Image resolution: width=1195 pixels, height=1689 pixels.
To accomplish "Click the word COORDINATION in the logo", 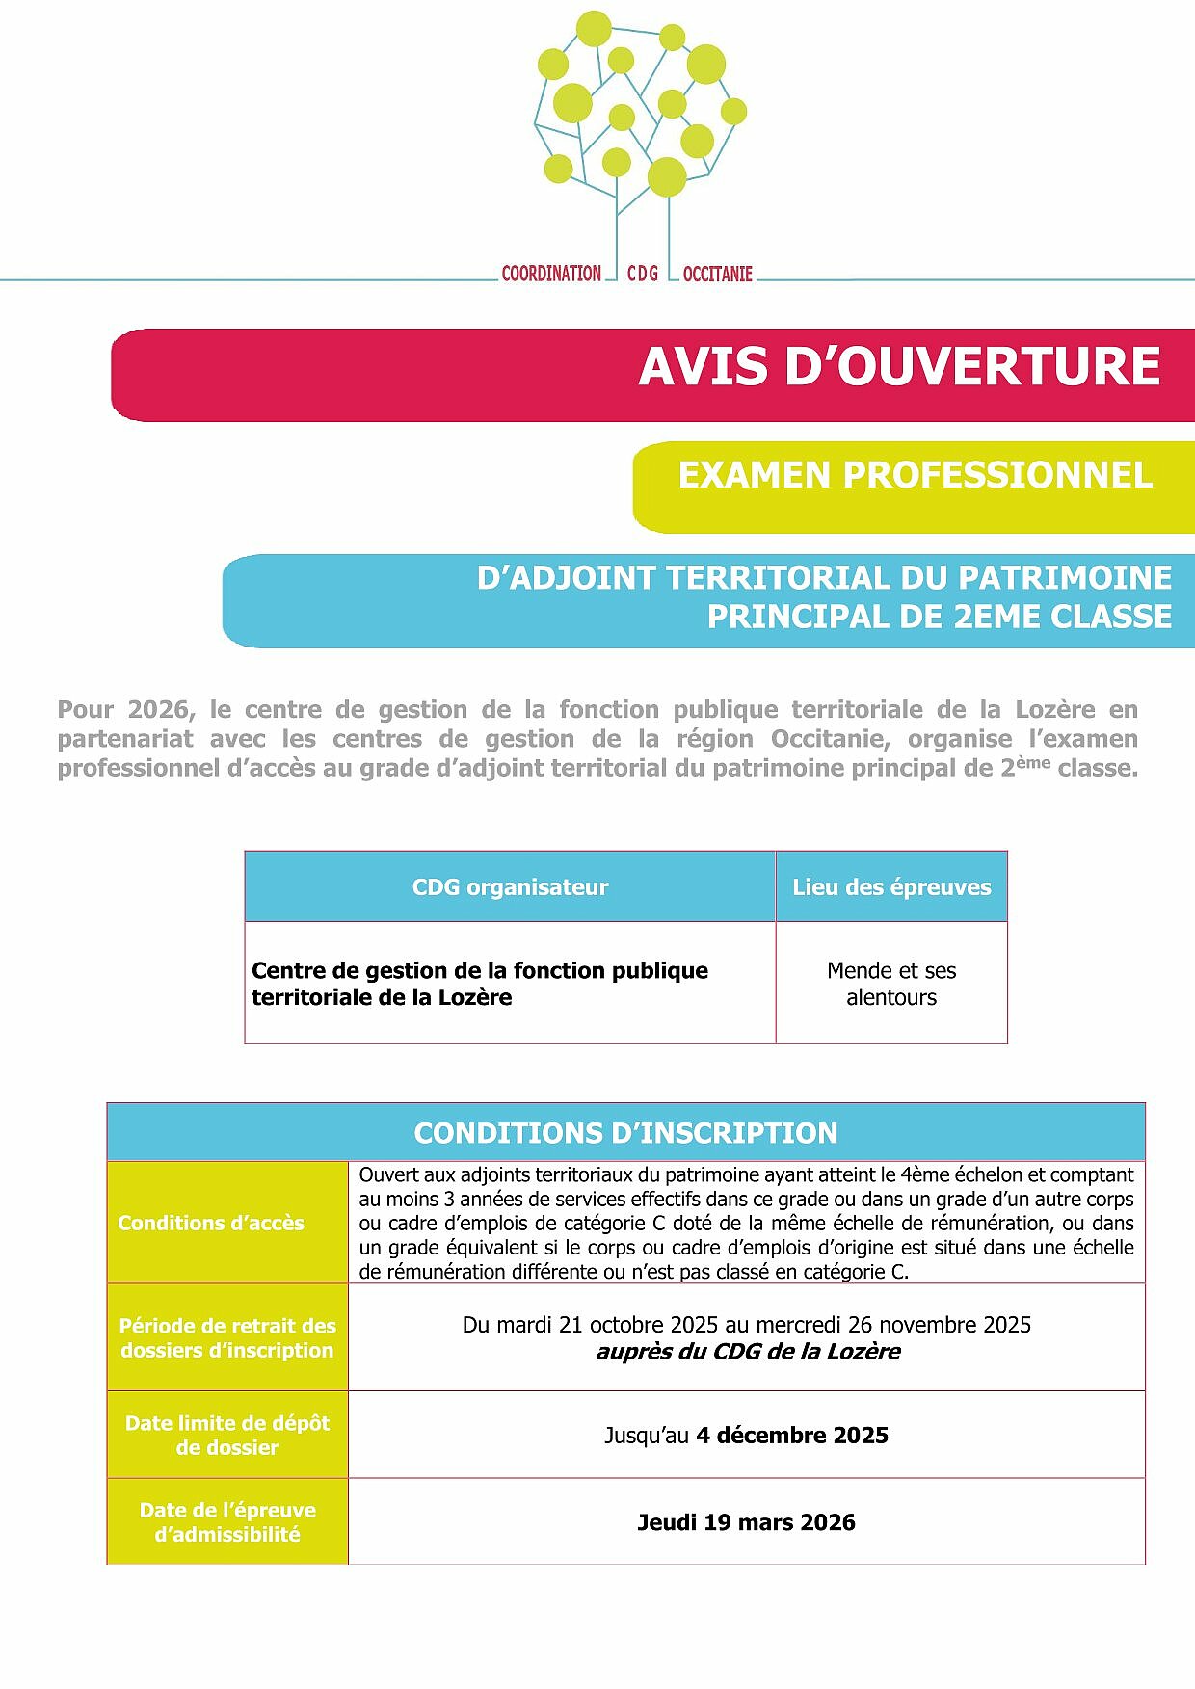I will coord(551,274).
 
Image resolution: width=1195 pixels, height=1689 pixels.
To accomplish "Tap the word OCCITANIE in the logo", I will coord(717,274).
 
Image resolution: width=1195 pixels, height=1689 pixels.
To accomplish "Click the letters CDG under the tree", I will coord(643,274).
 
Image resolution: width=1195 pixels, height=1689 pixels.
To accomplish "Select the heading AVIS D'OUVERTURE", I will coord(899,367).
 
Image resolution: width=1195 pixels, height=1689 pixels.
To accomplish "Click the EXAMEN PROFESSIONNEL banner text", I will coord(915,475).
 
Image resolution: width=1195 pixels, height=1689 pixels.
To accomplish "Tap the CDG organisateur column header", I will coord(510,887).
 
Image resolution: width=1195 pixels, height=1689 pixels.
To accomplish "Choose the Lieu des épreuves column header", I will coord(891,887).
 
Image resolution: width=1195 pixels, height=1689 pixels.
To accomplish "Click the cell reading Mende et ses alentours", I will coord(891,984).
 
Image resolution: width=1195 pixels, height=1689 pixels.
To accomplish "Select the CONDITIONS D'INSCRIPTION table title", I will coord(625,1133).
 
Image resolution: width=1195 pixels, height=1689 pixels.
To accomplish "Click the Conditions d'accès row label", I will coord(211,1223).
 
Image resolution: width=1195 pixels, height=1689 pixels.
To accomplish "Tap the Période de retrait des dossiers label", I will coord(227,1337).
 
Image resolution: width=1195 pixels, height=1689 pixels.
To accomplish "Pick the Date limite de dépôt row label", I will coord(227,1435).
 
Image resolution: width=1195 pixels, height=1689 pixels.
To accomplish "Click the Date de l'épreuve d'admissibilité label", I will coord(227,1521).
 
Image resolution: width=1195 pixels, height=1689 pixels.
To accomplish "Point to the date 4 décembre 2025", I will coord(791,1436).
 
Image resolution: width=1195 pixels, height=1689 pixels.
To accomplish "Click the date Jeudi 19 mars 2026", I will coord(746,1522).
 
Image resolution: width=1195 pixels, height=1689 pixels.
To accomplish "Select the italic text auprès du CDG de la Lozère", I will coord(748,1352).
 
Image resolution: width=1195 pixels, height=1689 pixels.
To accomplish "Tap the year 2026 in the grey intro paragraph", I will coord(158,710).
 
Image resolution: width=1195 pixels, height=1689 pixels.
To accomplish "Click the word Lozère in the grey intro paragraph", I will coord(1054,710).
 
